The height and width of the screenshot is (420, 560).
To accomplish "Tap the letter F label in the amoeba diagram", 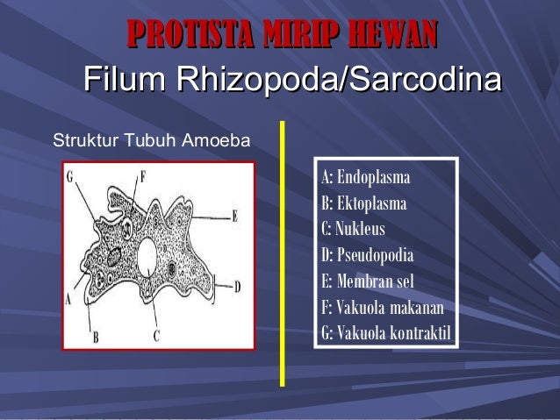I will pyautogui.click(x=141, y=174).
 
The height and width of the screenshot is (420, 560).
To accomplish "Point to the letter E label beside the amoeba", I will pyautogui.click(x=235, y=215).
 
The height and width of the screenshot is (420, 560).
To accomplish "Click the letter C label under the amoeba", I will pyautogui.click(x=156, y=335).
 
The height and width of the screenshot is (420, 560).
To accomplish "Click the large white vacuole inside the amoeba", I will pyautogui.click(x=147, y=257).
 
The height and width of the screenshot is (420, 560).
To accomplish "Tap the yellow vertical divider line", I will pyautogui.click(x=282, y=254).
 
